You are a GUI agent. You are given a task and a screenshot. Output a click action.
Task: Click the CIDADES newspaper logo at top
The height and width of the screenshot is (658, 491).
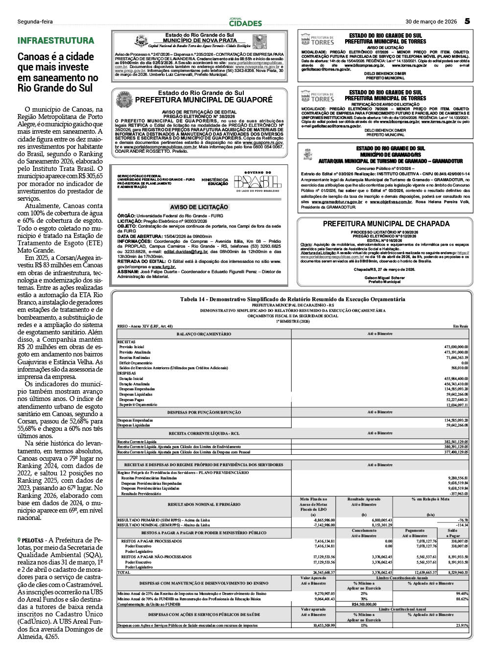pyautogui.click(x=245, y=23)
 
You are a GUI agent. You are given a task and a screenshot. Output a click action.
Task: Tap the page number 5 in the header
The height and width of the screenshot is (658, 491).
pyautogui.click(x=468, y=21)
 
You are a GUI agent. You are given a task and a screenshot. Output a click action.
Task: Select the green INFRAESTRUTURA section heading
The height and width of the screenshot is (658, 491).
pyautogui.click(x=56, y=41)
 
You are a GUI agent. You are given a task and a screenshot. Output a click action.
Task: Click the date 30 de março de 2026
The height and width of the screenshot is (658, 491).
pyautogui.click(x=431, y=22)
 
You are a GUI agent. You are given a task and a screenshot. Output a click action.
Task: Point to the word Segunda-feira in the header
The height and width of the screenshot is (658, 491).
pyautogui.click(x=35, y=22)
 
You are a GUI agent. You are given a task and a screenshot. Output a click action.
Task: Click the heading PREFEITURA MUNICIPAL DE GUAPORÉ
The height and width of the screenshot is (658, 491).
pyautogui.click(x=204, y=100)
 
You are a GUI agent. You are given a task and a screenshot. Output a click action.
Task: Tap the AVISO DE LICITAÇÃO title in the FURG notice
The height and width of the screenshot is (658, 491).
pyautogui.click(x=199, y=207)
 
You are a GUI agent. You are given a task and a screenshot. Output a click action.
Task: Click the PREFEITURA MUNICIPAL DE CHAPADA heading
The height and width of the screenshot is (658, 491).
pyautogui.click(x=386, y=224)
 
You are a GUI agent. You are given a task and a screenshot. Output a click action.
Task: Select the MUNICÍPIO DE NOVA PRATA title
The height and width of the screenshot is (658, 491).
pyautogui.click(x=199, y=41)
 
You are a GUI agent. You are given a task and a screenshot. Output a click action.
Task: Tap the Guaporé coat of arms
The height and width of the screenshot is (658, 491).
pyautogui.click(x=124, y=99)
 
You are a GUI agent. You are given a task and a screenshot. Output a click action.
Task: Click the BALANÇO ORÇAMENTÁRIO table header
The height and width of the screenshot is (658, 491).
pyautogui.click(x=204, y=334)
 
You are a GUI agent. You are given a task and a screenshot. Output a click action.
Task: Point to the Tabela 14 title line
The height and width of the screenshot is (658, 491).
pyautogui.click(x=292, y=299)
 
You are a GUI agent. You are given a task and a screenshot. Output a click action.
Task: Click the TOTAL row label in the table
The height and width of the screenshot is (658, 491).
pyautogui.click(x=124, y=572)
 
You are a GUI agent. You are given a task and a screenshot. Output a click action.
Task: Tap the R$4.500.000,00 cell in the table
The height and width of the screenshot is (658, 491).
pyautogui.click(x=364, y=604)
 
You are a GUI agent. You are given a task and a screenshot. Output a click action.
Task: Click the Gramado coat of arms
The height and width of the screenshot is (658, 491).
pyautogui.click(x=308, y=155)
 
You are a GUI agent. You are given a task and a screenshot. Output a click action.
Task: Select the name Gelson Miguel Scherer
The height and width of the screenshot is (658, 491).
pyautogui.click(x=385, y=278)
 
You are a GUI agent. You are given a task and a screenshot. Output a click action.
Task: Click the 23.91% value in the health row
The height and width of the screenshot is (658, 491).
pyautogui.click(x=462, y=625)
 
